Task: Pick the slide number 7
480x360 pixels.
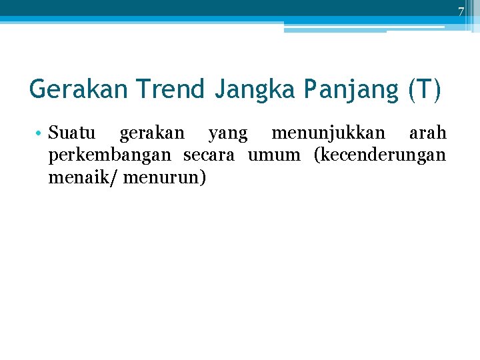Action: pos(460,11)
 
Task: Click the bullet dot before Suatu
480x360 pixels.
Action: pos(41,133)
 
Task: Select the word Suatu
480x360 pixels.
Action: pos(72,133)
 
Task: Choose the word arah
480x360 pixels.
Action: pos(427,133)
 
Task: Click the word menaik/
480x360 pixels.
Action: pos(75,179)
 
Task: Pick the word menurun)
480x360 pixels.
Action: pos(165,179)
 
